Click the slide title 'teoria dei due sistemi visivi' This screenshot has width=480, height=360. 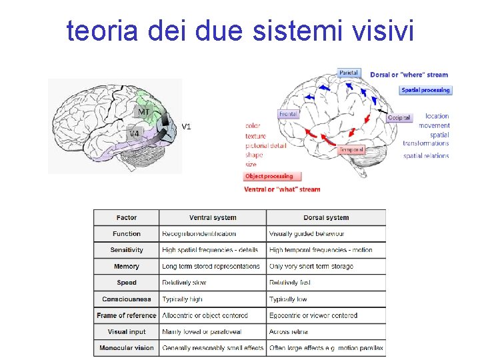click(x=240, y=30)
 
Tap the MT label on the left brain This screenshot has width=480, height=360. click(x=144, y=112)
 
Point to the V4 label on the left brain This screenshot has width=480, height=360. click(x=134, y=133)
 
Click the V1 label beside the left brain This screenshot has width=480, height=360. click(x=187, y=126)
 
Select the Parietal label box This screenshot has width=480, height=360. click(x=349, y=73)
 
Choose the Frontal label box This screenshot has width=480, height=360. click(x=288, y=114)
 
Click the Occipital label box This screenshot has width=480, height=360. click(x=399, y=117)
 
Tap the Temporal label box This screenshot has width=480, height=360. click(x=351, y=150)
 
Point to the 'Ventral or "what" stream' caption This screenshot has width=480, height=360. click(x=282, y=189)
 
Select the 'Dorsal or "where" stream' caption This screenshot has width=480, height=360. click(x=409, y=75)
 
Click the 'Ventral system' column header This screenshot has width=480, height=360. click(x=213, y=217)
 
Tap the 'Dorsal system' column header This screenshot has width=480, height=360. click(x=326, y=217)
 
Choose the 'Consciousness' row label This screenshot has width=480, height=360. click(x=127, y=299)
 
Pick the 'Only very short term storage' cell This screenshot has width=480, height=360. click(x=311, y=267)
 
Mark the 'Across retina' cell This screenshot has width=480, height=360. click(x=289, y=331)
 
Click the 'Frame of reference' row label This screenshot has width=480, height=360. click(x=127, y=315)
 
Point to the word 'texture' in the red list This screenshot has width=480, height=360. click(x=255, y=136)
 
